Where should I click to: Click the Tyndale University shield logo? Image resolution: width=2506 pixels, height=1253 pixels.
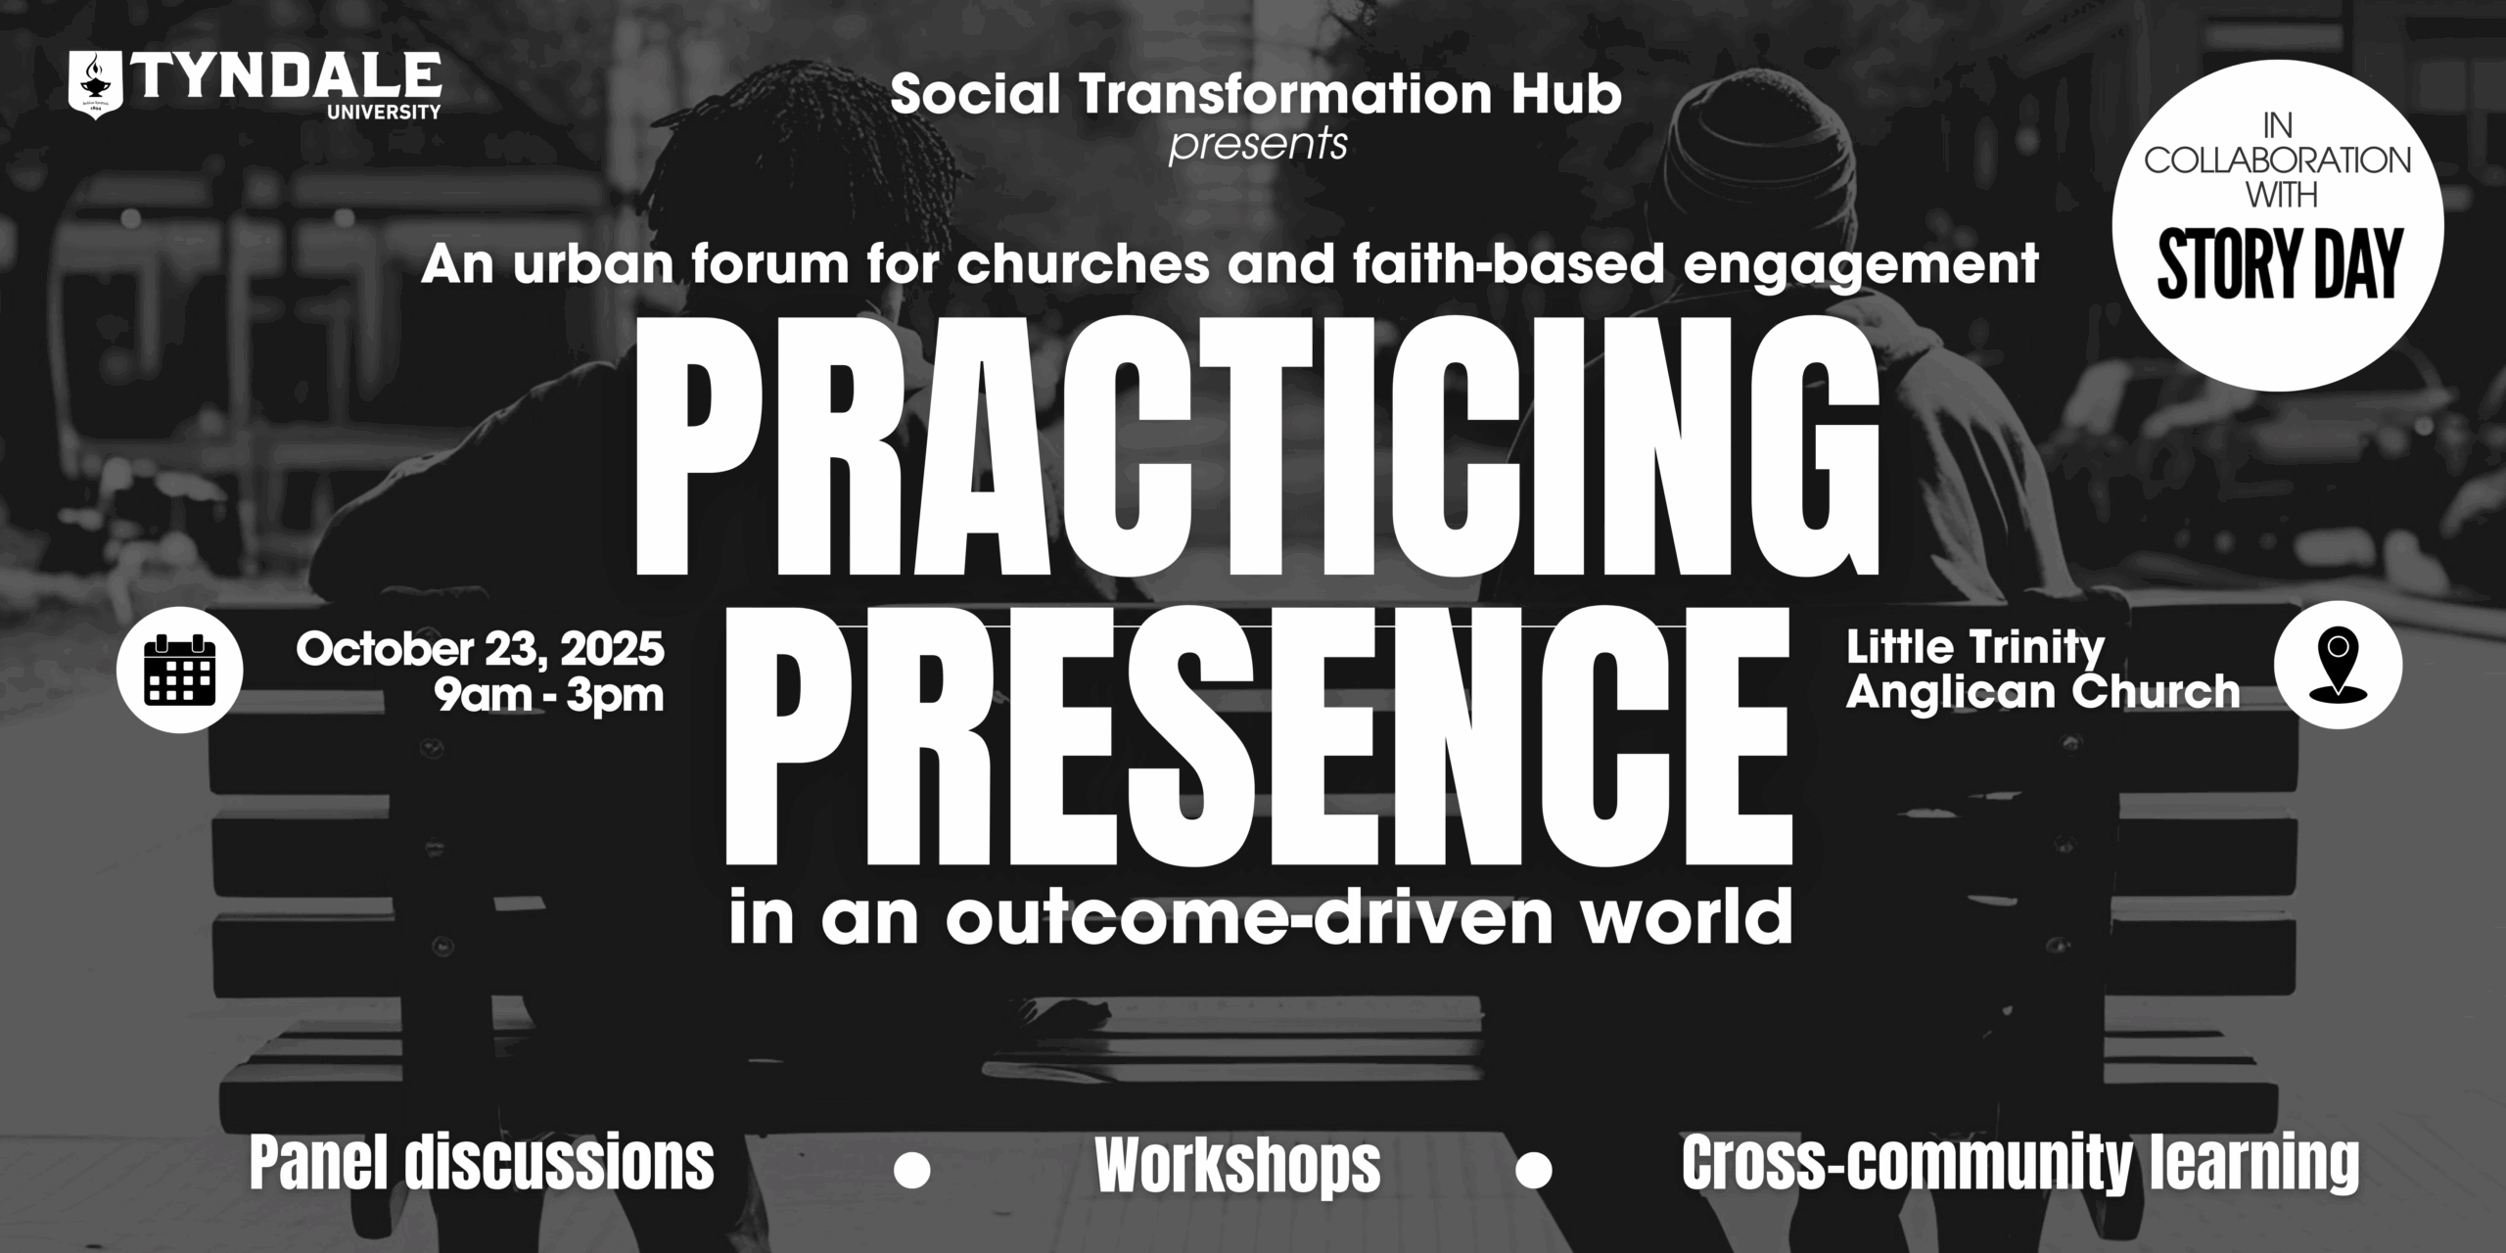click(96, 87)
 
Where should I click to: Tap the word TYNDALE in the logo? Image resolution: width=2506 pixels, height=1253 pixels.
click(287, 77)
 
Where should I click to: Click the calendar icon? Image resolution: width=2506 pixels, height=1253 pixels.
click(179, 670)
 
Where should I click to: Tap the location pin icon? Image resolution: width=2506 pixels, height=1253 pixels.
click(2338, 665)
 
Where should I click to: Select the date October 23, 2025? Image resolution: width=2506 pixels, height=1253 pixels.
click(481, 650)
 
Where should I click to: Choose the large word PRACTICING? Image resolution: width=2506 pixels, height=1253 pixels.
click(1257, 455)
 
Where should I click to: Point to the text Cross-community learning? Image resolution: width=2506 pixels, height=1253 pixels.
click(2020, 1164)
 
